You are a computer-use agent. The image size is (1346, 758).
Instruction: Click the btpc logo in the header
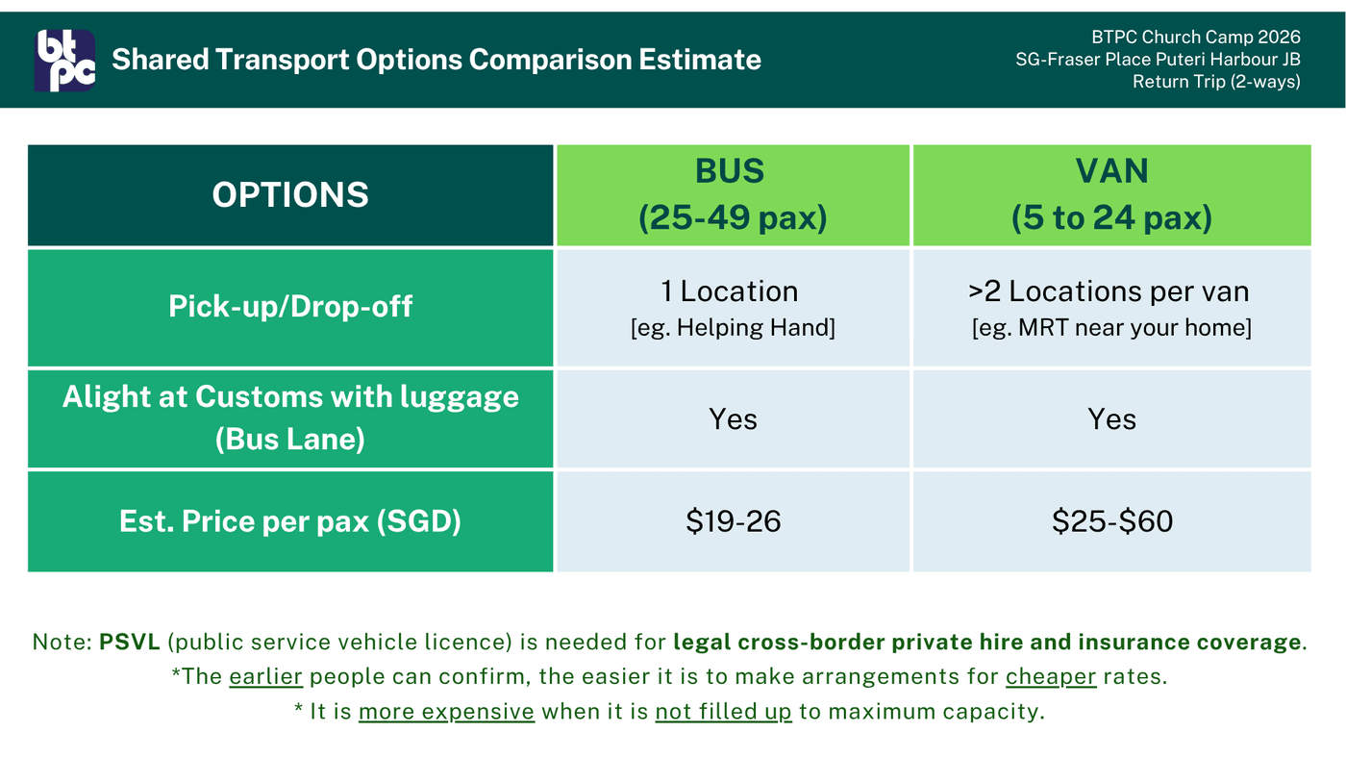point(65,60)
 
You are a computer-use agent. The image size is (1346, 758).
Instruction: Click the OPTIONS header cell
point(290,194)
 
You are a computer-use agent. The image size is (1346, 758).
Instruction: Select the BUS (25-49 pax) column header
point(733,194)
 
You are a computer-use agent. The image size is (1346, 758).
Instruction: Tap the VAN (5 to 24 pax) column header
point(1111,194)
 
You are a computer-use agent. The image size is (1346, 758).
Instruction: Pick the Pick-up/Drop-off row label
point(290,307)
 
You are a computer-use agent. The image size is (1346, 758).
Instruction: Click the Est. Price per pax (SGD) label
point(290,521)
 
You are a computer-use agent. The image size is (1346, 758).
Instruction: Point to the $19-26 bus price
point(733,521)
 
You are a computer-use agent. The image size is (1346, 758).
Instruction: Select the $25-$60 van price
point(1112,521)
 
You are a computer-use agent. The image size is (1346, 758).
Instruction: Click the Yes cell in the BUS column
point(733,419)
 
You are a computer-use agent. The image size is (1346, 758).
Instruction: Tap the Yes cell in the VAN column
point(1111,419)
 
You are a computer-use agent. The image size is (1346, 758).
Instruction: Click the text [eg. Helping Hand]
point(733,328)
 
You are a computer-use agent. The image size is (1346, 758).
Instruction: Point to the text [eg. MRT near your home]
point(1111,328)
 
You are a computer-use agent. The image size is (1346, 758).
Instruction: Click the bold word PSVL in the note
point(129,642)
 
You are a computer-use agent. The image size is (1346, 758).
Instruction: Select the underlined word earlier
point(265,677)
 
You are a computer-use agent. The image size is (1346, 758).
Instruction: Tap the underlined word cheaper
point(1051,677)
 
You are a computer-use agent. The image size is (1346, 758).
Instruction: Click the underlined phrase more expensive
point(446,712)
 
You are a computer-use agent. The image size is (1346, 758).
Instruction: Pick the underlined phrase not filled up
point(723,712)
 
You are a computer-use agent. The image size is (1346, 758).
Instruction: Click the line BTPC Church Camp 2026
point(1196,38)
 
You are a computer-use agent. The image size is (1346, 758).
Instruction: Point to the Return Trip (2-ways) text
point(1216,82)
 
